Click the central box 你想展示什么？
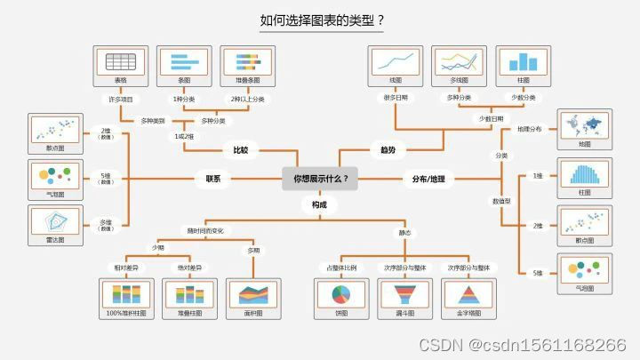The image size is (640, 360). click(320, 179)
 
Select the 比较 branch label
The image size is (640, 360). click(241, 150)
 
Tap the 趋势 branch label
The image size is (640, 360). click(388, 150)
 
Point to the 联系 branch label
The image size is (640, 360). click(213, 179)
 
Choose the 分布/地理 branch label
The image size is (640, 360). click(428, 179)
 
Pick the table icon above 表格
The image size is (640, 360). click(119, 62)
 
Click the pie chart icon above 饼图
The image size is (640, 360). click(341, 294)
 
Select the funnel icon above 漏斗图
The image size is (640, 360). click(405, 294)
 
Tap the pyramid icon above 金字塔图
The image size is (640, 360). click(468, 294)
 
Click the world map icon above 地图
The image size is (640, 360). click(583, 124)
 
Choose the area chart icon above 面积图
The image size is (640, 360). click(253, 294)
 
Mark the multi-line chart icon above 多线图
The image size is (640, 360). click(459, 62)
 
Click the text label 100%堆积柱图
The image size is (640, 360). click(127, 314)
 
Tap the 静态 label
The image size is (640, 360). click(404, 234)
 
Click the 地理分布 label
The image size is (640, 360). click(530, 130)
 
